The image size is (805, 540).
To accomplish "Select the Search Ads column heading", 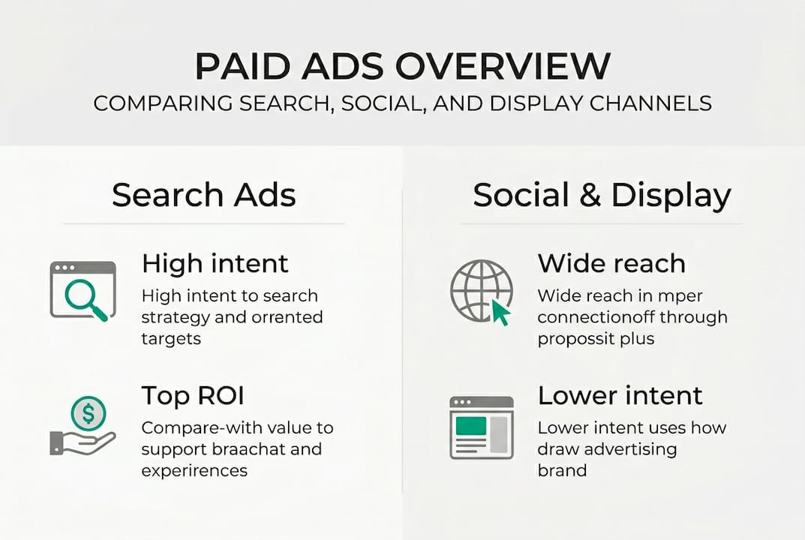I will coord(203,195).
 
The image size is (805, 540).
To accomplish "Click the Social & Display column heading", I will coord(602,195).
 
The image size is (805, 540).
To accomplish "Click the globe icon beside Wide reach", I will coord(480,290).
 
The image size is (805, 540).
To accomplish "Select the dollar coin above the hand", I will coord(89,413).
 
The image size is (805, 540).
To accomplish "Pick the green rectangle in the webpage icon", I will coord(471,426).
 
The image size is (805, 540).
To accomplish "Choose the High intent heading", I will coord(215,263).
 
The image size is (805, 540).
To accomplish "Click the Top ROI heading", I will coord(192,395).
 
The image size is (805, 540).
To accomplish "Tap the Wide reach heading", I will coord(611,263).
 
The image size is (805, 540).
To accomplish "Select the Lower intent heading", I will coord(620,395).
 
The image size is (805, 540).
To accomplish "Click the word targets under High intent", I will coord(171,338).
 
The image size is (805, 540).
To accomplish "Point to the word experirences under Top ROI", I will coord(194,471).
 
